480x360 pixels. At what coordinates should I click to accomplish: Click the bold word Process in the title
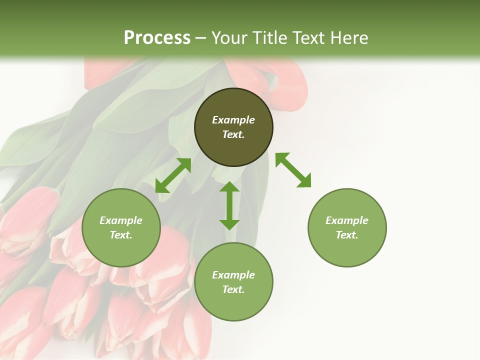coord(157,38)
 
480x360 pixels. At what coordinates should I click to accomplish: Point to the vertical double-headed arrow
coord(229,205)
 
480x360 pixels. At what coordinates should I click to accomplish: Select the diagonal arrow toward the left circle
coord(173,175)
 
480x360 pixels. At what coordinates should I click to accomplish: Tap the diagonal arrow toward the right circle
coord(293,170)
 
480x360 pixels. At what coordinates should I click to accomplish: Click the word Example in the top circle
coord(233,120)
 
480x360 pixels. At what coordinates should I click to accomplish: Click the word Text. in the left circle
coord(121,235)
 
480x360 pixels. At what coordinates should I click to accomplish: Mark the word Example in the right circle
coord(347,220)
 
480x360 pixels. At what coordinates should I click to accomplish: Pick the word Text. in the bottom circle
coord(233,289)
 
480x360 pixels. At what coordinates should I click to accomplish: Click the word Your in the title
coord(229,38)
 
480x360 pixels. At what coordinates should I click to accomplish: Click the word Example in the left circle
coord(121,220)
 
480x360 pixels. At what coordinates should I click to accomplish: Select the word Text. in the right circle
coord(347,235)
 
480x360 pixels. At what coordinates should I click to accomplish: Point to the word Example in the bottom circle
coord(233,275)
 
